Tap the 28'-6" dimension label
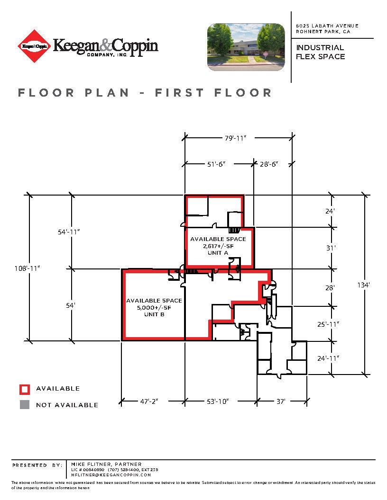(268, 164)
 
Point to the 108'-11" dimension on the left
(27, 268)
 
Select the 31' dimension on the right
(331, 248)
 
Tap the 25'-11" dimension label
(328, 324)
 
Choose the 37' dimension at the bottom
(281, 401)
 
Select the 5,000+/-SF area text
(154, 307)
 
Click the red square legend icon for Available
(25, 389)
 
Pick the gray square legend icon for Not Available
(25, 405)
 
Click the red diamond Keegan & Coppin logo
(34, 46)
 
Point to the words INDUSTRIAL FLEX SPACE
(321, 52)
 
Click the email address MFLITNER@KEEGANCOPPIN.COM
(111, 474)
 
